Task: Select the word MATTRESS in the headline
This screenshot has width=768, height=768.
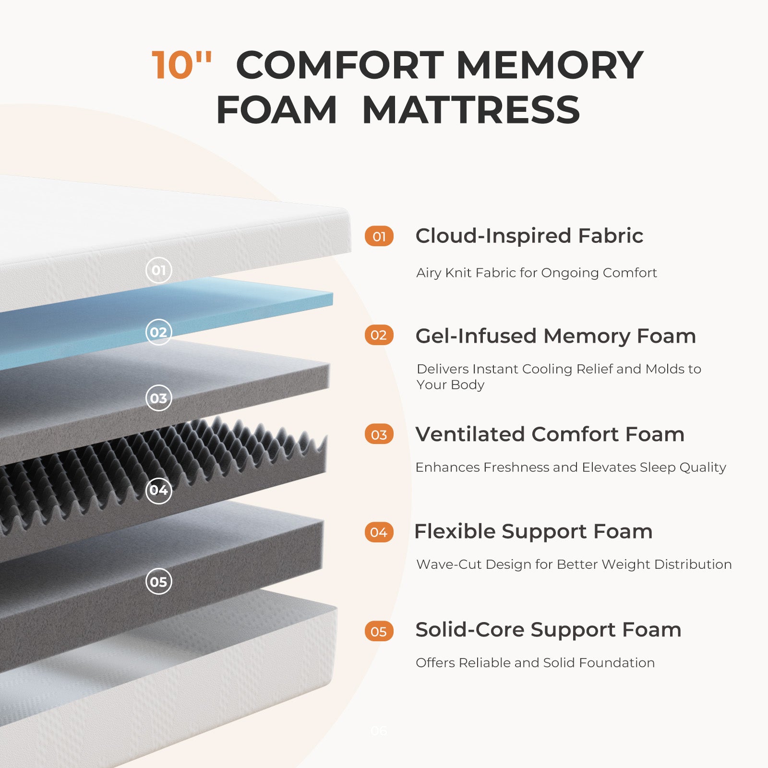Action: (x=471, y=110)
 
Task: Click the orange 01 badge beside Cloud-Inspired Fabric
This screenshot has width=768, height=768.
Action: (x=379, y=236)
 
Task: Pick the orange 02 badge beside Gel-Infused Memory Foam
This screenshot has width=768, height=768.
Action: (x=379, y=335)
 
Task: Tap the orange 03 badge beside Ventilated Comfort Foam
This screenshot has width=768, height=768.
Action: (x=379, y=434)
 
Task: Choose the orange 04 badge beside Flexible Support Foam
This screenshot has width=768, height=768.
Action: (x=379, y=532)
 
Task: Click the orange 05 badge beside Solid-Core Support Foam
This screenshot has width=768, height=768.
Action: (x=379, y=631)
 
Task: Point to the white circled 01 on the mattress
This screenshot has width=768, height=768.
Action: (x=159, y=270)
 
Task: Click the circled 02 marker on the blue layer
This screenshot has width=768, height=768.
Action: (x=159, y=332)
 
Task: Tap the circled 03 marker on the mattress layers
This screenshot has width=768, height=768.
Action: (x=159, y=398)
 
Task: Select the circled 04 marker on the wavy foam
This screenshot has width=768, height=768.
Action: (x=159, y=490)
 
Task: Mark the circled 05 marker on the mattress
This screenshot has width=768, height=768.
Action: (x=159, y=581)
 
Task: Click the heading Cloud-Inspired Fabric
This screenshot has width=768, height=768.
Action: (x=529, y=236)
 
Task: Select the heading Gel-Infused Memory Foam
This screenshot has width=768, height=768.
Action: (x=556, y=336)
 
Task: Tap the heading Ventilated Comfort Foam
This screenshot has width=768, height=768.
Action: (x=550, y=434)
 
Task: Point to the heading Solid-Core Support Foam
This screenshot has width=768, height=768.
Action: (x=549, y=630)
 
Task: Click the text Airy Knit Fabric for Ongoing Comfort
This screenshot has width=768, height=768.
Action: (x=537, y=273)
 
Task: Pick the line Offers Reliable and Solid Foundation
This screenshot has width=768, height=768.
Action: (x=535, y=662)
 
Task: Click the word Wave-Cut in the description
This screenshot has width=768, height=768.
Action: (x=449, y=564)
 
